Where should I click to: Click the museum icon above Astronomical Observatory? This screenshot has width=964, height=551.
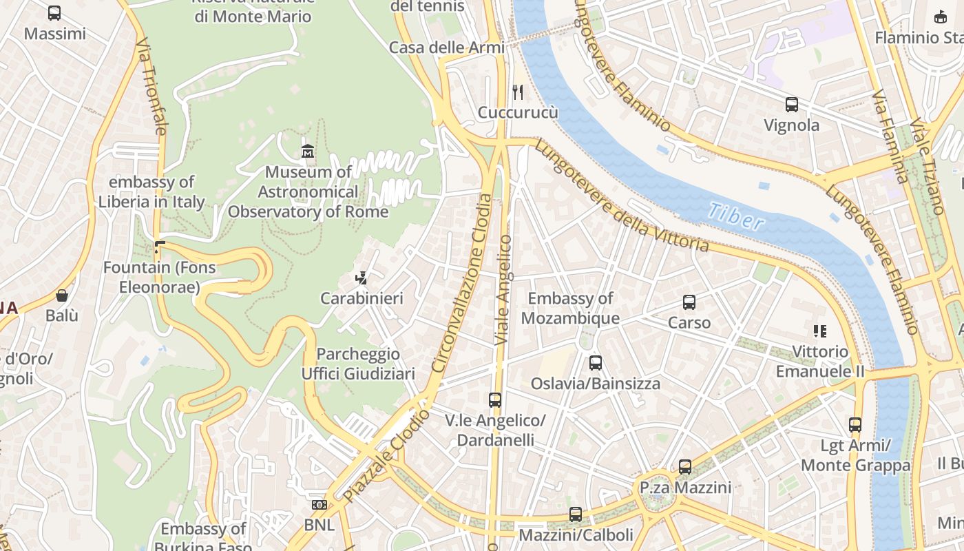tap(308, 151)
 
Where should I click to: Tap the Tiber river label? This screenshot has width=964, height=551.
tap(736, 216)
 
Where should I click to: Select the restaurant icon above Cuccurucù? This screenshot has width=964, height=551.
tap(518, 92)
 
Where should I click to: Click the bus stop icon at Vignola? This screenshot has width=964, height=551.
tap(792, 105)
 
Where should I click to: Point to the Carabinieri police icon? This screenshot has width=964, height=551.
tap(361, 278)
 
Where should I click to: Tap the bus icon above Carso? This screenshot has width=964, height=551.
tap(689, 302)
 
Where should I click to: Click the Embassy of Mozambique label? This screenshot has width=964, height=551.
tap(570, 308)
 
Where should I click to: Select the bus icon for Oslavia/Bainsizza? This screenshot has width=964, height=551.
tap(596, 362)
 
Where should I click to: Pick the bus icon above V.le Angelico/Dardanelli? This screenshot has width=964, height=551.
tap(495, 399)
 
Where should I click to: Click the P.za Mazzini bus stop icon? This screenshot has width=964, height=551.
tap(685, 467)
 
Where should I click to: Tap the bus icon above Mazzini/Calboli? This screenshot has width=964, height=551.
tap(576, 514)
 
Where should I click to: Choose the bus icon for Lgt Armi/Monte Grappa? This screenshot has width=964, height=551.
tap(855, 425)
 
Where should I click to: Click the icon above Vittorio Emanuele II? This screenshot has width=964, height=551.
tap(819, 331)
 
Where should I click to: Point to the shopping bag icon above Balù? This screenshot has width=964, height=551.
tap(62, 295)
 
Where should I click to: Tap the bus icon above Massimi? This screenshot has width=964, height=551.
tap(54, 13)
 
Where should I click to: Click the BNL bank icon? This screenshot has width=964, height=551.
tap(319, 505)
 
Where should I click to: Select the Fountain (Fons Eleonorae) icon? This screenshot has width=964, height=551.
tap(160, 247)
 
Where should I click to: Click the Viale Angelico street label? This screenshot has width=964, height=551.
tap(504, 289)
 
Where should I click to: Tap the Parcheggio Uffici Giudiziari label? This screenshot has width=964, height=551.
tap(358, 364)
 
